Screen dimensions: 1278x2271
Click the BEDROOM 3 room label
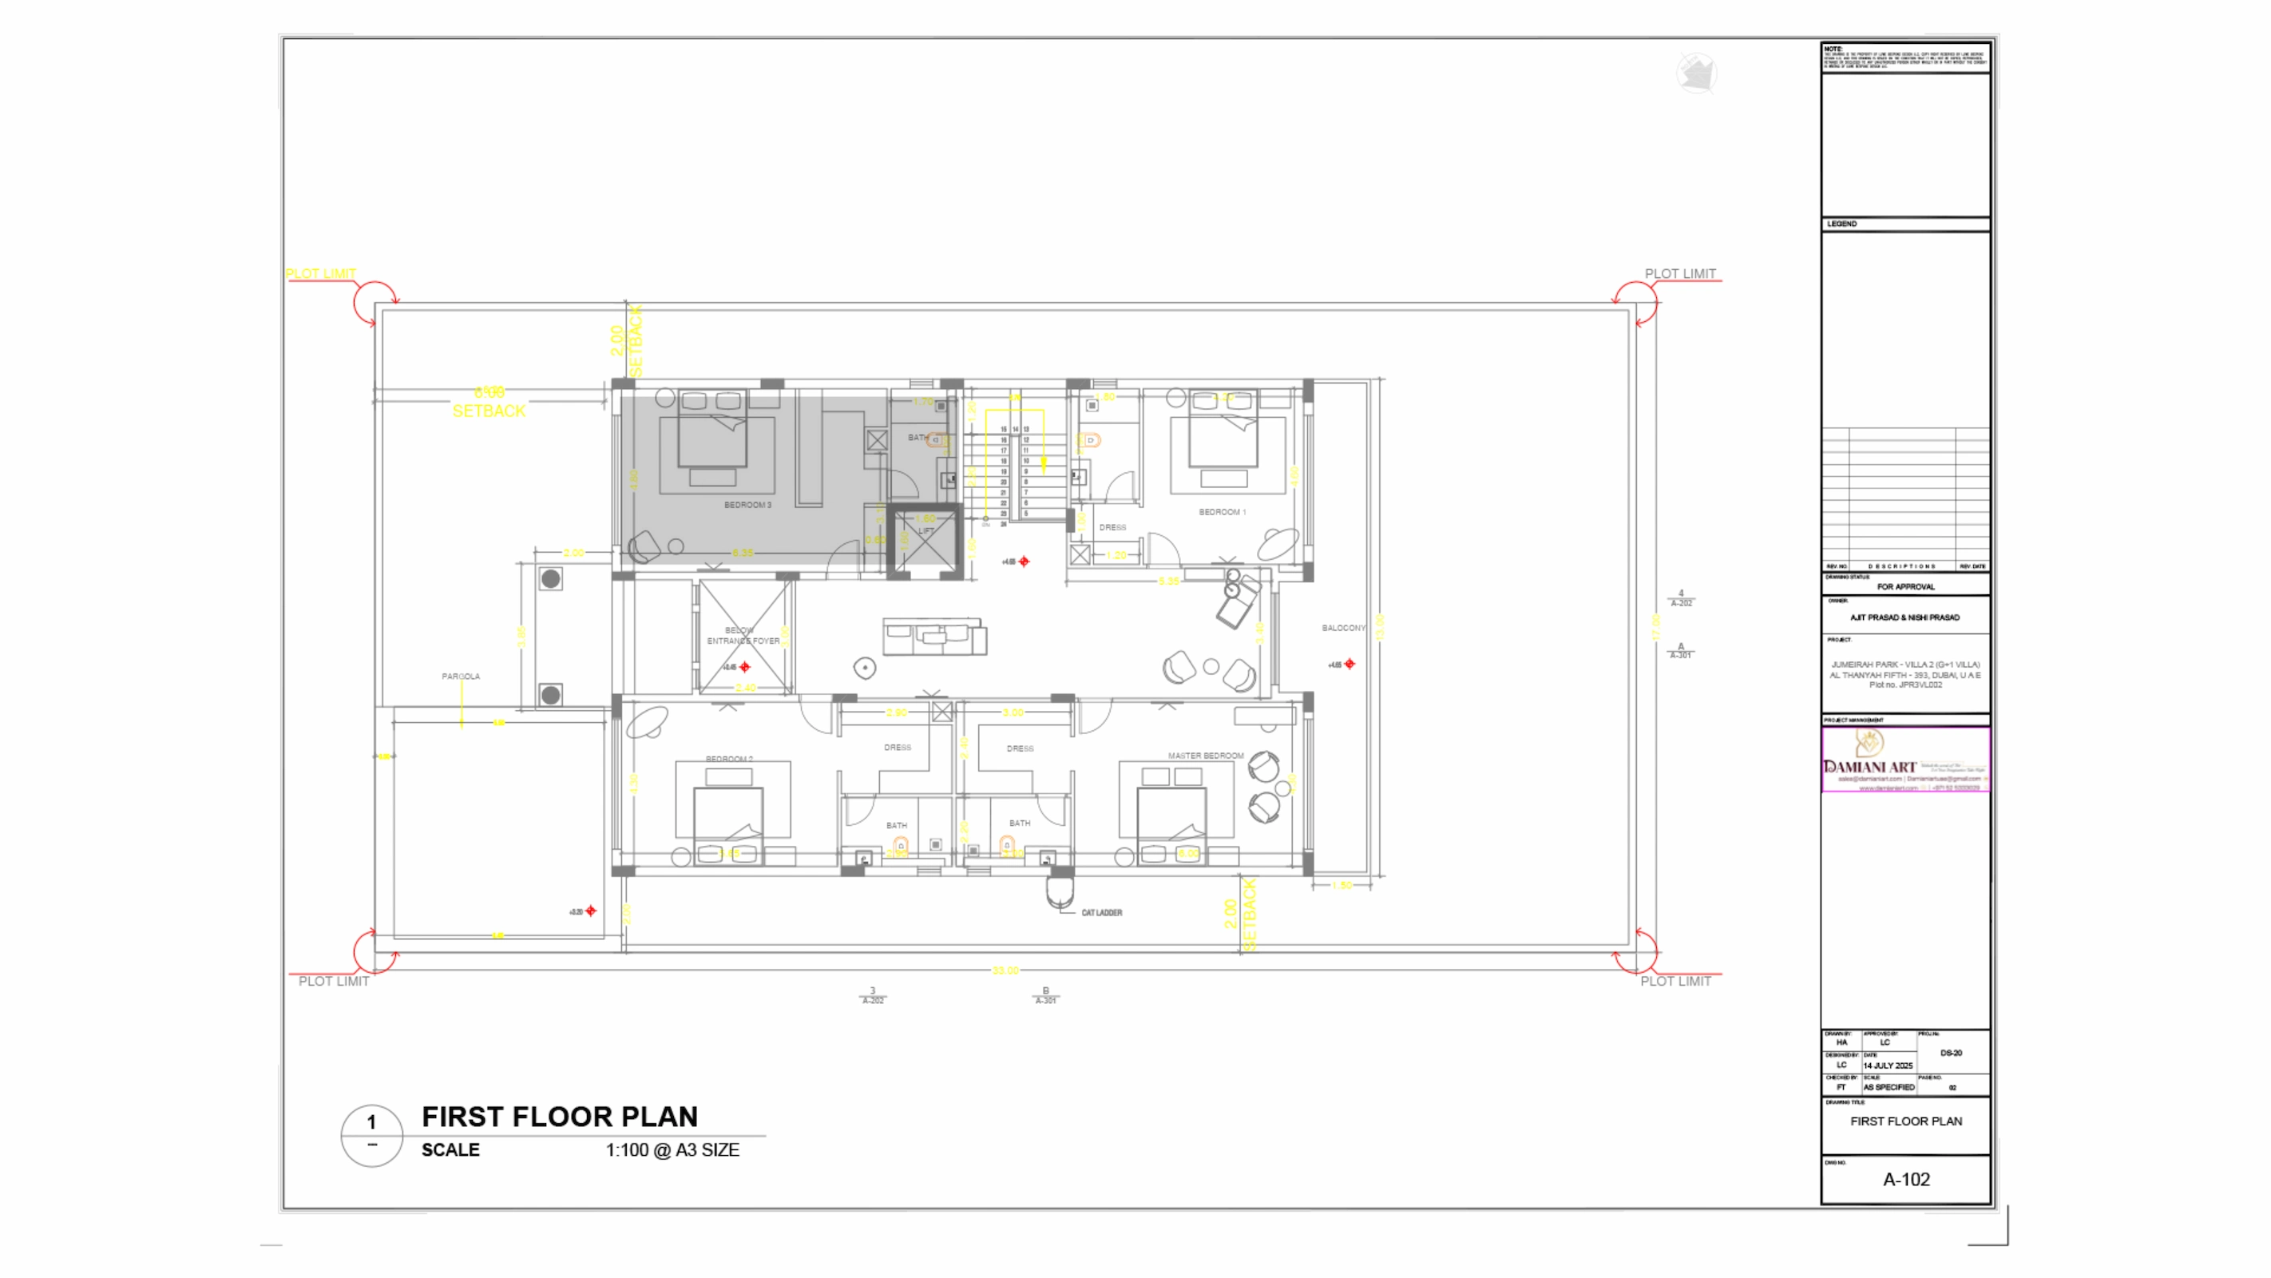[x=747, y=506]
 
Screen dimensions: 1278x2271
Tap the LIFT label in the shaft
[x=925, y=531]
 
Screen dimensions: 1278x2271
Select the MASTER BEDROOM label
[x=1205, y=756]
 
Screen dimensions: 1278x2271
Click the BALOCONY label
[x=1342, y=628]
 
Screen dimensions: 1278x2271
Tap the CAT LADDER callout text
[x=1101, y=913]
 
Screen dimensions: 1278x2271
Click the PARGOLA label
[x=460, y=677]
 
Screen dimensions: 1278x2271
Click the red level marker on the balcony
[x=1349, y=664]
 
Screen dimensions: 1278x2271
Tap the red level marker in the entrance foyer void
[x=745, y=667]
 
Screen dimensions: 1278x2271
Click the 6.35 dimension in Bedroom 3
[x=743, y=553]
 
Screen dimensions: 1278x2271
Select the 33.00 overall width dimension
[x=1005, y=970]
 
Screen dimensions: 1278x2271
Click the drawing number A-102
[x=1906, y=1179]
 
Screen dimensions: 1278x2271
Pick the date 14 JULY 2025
[x=1888, y=1066]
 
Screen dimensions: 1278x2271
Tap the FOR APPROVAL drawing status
[x=1905, y=586]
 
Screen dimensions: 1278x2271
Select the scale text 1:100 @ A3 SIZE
[x=672, y=1150]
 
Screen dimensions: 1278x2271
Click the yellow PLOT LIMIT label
[x=320, y=273]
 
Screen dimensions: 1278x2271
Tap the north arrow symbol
[x=1696, y=73]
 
